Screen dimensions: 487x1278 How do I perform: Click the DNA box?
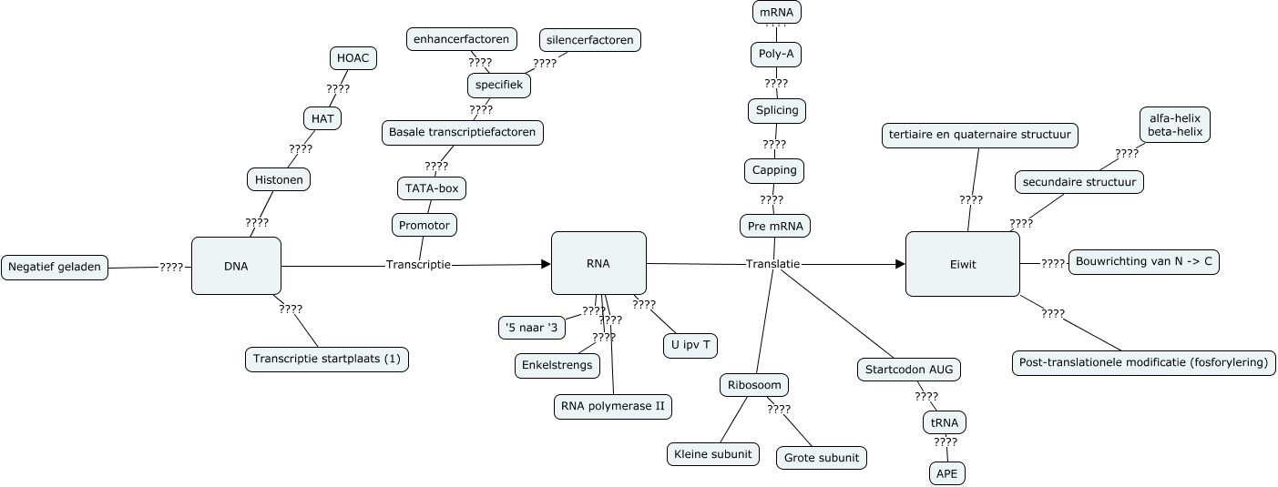[x=236, y=266]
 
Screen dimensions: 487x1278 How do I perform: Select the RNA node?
[x=598, y=264]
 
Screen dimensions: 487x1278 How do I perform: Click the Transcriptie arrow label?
[x=418, y=265]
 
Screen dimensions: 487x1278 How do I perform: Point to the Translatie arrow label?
[x=772, y=264]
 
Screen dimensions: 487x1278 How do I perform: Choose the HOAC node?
[x=353, y=58]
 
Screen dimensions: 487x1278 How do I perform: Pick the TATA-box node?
[x=432, y=188]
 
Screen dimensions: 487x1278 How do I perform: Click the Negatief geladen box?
[x=55, y=268]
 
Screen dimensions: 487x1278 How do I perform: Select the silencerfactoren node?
[x=590, y=40]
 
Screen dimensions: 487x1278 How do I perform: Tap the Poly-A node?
[x=776, y=54]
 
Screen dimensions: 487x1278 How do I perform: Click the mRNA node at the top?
[x=776, y=13]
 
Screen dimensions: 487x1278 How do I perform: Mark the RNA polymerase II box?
[x=613, y=406]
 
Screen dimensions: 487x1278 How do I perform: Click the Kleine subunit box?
[x=712, y=453]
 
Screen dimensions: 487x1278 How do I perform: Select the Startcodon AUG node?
[x=909, y=370]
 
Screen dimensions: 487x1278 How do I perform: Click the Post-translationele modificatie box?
[x=1143, y=362]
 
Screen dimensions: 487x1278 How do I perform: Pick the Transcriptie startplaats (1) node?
[x=327, y=359]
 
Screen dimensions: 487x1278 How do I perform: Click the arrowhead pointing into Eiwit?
[x=900, y=264]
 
